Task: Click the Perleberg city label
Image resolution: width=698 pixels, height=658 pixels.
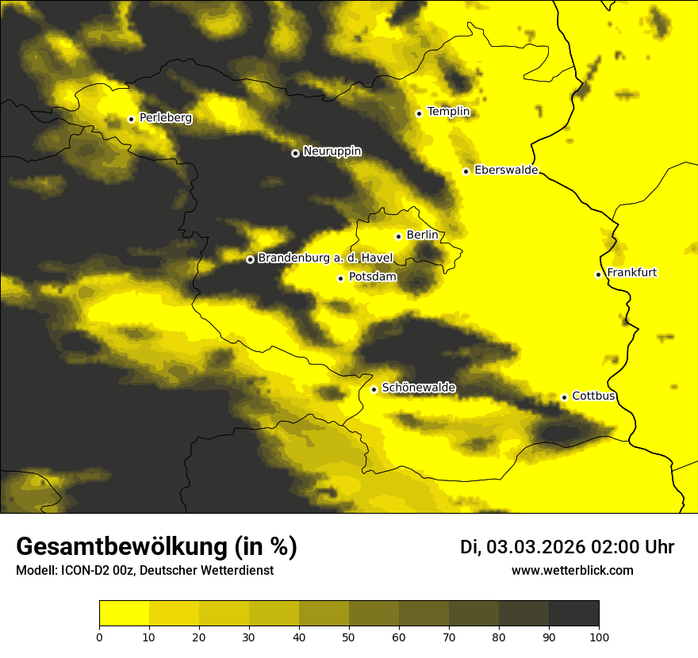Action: pos(166,118)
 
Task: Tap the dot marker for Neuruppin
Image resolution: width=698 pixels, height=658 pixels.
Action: pos(295,153)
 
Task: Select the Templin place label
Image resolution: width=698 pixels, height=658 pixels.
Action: pos(448,112)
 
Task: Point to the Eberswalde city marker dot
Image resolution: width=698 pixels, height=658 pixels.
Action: pos(466,171)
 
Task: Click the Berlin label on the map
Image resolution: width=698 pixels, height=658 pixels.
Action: pos(422,235)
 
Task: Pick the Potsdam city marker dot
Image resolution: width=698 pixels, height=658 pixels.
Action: pos(340,278)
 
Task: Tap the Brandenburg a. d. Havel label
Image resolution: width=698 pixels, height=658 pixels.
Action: pos(325,258)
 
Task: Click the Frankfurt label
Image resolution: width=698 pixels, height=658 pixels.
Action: pos(631,273)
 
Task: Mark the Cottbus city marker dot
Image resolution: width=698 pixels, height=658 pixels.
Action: pos(564,397)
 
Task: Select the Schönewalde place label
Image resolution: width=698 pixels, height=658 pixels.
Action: pos(418,388)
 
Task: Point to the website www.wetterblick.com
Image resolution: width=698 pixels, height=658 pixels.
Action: pos(572,570)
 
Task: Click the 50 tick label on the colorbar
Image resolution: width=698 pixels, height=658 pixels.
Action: pos(349,637)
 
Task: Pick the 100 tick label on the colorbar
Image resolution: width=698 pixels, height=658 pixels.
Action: pos(598,637)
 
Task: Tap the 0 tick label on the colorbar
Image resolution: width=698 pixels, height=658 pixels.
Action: pos(99,637)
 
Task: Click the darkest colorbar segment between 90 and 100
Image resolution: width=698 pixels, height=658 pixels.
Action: pos(573,614)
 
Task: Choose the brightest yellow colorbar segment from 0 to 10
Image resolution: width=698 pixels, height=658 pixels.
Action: pos(124,614)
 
